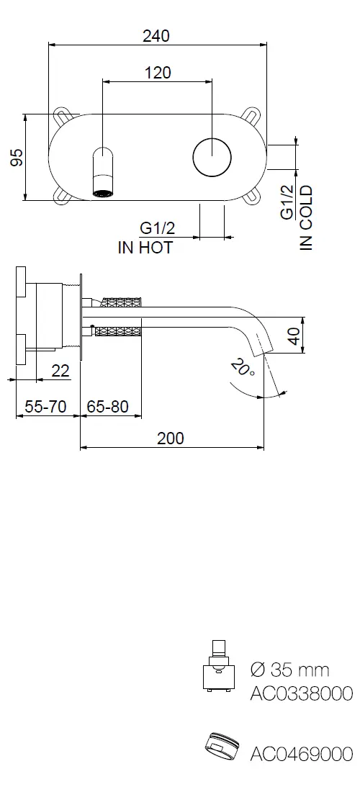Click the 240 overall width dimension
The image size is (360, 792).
tap(156, 37)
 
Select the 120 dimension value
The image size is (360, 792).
tap(158, 73)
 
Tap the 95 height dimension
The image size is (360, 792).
tap(17, 157)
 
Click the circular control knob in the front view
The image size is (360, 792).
tap(212, 157)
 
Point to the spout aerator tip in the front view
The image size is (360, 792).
tap(104, 192)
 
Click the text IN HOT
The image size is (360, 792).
tap(145, 248)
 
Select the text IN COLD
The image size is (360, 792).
tap(306, 218)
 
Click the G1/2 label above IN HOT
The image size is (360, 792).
tap(157, 228)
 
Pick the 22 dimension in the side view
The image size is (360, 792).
tap(60, 372)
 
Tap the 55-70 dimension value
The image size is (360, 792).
tap(45, 406)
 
